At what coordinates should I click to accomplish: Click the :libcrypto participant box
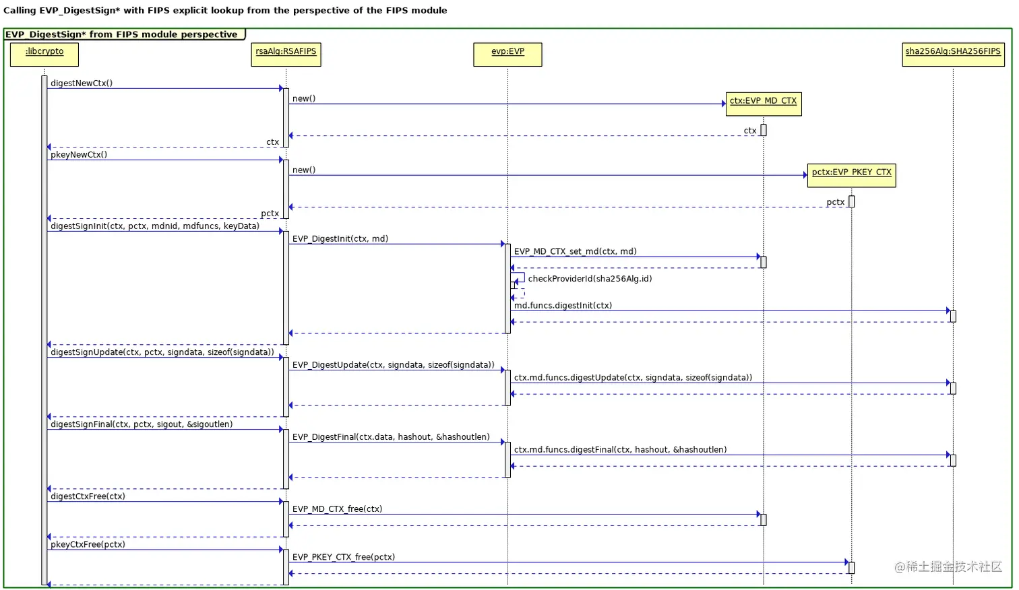coord(44,54)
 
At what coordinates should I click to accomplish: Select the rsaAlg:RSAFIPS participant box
coord(286,54)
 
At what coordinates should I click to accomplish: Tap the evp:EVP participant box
coord(507,54)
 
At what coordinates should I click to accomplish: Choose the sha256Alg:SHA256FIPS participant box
coord(953,54)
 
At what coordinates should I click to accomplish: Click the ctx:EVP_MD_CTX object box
coord(763,103)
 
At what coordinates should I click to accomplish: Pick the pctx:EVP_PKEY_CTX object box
coord(851,174)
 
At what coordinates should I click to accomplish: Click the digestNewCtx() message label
coord(82,84)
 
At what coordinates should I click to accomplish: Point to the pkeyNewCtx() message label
coord(79,155)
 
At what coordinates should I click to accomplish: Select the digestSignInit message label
coord(155,226)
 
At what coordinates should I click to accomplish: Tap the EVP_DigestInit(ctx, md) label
coord(340,239)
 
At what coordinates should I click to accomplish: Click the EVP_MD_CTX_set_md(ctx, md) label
coord(575,252)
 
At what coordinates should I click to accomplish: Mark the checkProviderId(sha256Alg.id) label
coord(590,279)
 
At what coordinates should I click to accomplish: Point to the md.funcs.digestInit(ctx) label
coord(563,306)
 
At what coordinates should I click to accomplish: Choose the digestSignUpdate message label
coord(162,352)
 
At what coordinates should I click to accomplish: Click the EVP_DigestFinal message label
coord(391,437)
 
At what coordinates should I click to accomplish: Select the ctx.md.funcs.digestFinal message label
coord(620,450)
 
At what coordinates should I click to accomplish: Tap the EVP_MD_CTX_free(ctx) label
coord(337,509)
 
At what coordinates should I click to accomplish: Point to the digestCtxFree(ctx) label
coord(88,496)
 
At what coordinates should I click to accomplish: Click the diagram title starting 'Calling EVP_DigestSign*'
coord(225,11)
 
